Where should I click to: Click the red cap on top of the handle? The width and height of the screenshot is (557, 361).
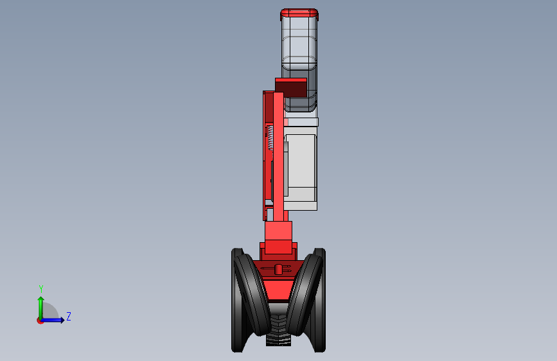299,13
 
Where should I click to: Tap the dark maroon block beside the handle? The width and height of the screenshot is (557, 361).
291,87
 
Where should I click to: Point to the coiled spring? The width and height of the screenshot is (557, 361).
270,137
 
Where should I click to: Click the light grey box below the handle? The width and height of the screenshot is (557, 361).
301,171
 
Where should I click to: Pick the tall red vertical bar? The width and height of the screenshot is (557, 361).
279,156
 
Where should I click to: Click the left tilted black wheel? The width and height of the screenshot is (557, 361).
251,294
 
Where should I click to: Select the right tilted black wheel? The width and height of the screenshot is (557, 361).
305,294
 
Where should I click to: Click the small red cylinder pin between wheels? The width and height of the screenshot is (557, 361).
278,269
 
